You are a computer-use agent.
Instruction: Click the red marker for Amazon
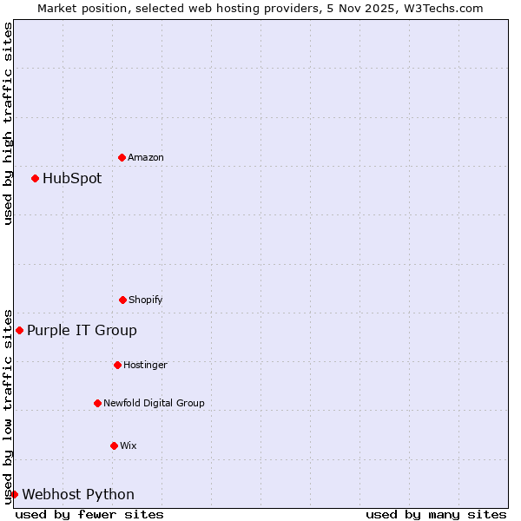point(122,157)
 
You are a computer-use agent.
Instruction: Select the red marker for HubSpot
point(35,178)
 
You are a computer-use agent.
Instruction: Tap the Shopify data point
point(122,300)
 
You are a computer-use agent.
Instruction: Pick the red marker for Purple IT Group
point(19,330)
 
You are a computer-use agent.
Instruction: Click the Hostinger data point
point(117,365)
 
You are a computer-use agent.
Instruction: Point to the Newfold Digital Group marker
point(97,403)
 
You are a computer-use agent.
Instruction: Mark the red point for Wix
point(114,445)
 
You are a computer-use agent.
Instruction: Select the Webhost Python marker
point(14,494)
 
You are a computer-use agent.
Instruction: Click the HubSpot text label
point(72,179)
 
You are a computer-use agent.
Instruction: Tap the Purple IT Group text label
point(82,331)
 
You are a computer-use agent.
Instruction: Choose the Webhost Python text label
point(78,495)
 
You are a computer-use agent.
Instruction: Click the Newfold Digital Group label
point(154,403)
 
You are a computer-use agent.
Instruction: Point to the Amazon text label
point(146,158)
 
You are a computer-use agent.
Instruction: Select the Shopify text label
point(146,300)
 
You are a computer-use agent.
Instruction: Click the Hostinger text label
point(145,366)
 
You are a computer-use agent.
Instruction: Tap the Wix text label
point(129,446)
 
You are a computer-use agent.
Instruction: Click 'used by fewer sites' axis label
point(89,514)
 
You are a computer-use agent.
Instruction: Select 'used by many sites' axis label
point(436,514)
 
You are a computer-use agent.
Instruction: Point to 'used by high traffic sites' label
point(8,123)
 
